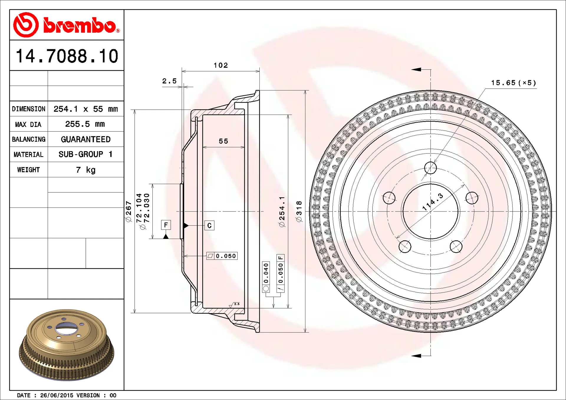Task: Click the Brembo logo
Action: point(67,25)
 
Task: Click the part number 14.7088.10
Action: point(67,56)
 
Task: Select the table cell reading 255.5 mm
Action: point(85,124)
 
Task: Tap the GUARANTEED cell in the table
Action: point(86,139)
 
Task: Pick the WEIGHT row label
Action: point(28,170)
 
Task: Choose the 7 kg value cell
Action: point(86,170)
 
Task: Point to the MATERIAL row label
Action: point(28,154)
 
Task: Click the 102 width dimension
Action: point(221,65)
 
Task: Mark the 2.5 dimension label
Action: point(170,81)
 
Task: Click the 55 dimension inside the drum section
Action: point(223,141)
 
